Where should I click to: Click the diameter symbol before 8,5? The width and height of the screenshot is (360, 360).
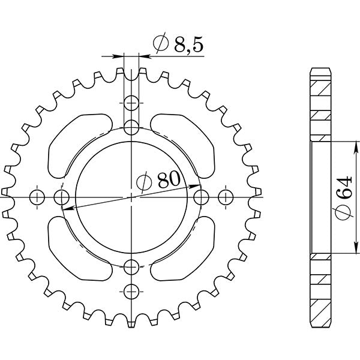tap(160, 44)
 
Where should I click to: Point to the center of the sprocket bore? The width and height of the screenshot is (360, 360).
tap(132, 196)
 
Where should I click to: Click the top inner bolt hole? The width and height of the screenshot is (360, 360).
tap(132, 126)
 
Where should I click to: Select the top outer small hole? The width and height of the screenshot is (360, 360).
tap(132, 102)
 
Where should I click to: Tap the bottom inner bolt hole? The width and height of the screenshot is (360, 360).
tap(132, 266)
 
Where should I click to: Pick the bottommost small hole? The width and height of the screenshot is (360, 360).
tap(132, 291)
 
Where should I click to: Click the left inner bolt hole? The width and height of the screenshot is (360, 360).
tap(61, 196)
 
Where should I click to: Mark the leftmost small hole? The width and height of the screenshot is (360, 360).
tap(37, 196)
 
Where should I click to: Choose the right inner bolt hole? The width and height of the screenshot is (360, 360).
tap(202, 196)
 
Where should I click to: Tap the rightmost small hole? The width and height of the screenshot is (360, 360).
tap(226, 196)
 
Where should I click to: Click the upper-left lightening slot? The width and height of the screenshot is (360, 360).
tap(75, 144)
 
